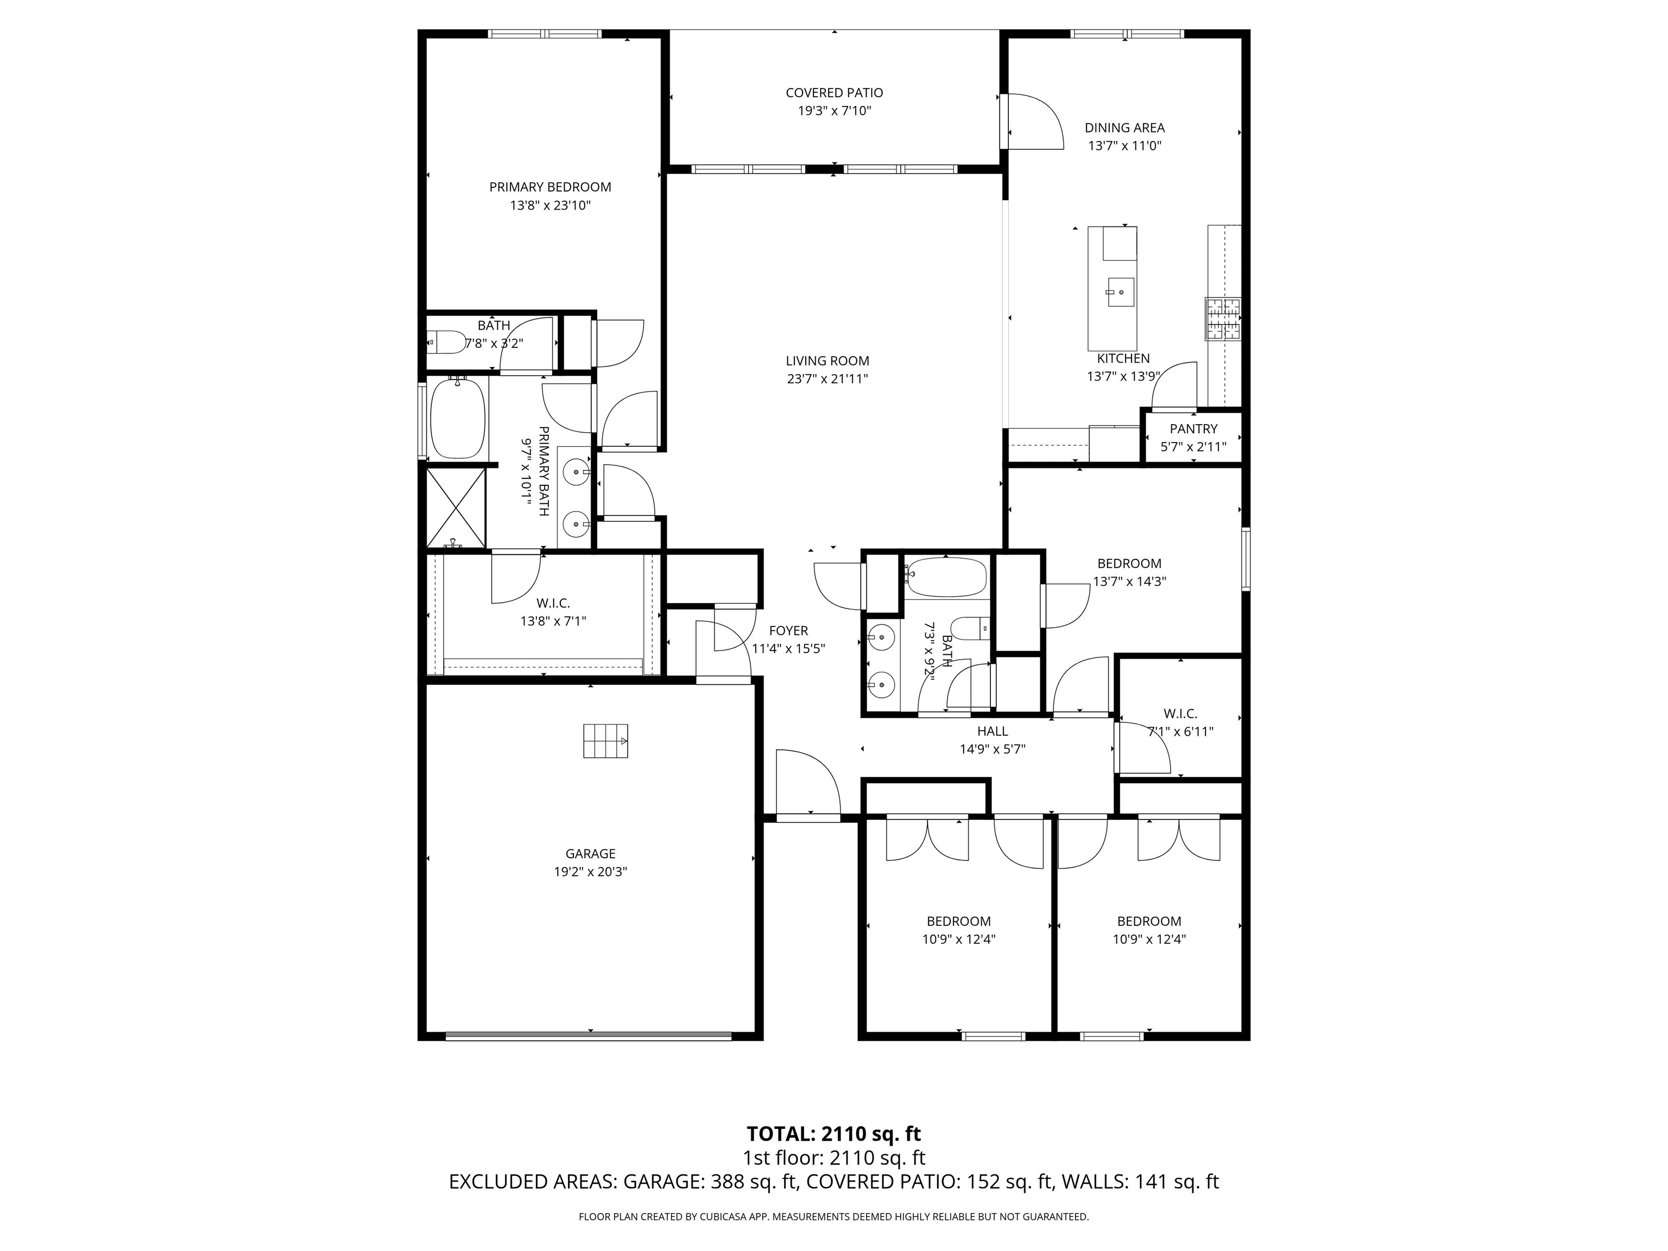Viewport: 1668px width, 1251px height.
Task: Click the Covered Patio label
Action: coord(834,93)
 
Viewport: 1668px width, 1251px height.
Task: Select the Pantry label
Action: coord(1193,428)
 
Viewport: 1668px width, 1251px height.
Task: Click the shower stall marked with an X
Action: coord(456,508)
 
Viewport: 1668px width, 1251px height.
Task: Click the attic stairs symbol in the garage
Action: coord(605,741)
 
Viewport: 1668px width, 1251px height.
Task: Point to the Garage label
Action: coord(590,854)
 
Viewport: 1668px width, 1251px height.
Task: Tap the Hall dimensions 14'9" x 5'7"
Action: coord(993,749)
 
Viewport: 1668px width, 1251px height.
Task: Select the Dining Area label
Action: coord(1124,128)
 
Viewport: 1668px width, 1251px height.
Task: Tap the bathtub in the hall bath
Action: coord(946,578)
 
